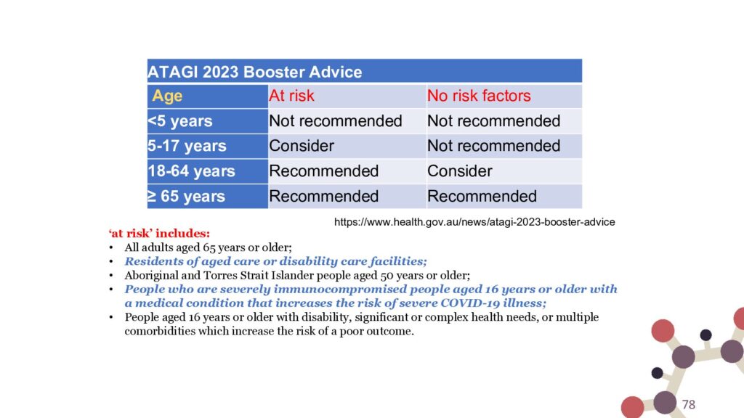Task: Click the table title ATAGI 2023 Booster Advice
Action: [x=255, y=72]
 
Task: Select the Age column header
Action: [x=167, y=96]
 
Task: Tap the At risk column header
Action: [x=291, y=96]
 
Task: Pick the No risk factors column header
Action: [x=479, y=96]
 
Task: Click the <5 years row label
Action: [x=180, y=121]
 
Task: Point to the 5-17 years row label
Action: [x=187, y=146]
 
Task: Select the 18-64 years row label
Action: [x=191, y=171]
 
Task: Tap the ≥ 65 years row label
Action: [x=186, y=196]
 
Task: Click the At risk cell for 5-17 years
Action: [x=302, y=146]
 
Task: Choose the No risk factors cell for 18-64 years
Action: [x=460, y=171]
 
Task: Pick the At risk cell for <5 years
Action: [x=336, y=121]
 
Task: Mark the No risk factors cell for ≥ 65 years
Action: [x=482, y=196]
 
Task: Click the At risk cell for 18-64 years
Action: [x=323, y=171]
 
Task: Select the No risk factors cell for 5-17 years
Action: [x=493, y=146]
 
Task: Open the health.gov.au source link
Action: [x=474, y=222]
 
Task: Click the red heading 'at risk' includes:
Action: [x=159, y=233]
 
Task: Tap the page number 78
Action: [x=689, y=404]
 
